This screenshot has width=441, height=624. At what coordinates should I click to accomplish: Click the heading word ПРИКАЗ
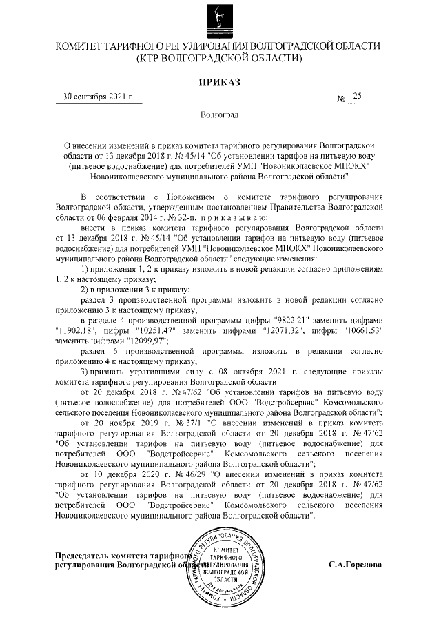[x=220, y=83]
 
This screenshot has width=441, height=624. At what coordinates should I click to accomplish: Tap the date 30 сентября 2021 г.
[x=99, y=97]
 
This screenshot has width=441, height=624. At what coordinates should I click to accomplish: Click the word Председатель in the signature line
[x=88, y=556]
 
